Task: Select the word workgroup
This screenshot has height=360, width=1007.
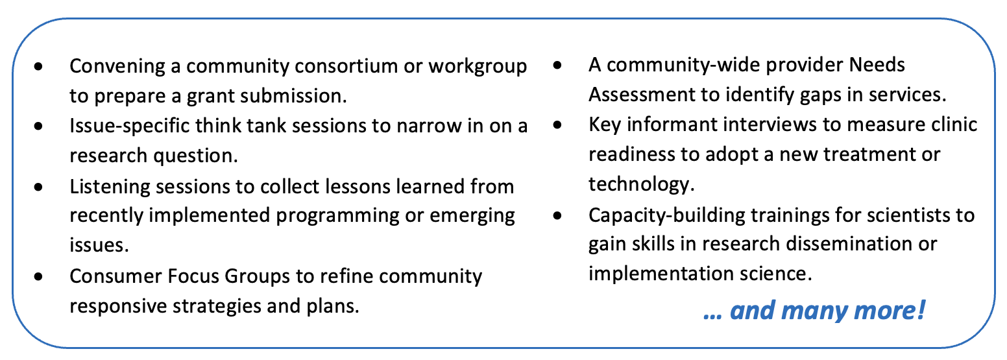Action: (x=478, y=67)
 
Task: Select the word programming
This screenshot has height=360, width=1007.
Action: (x=337, y=216)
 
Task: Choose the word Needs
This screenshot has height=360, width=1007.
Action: (x=877, y=65)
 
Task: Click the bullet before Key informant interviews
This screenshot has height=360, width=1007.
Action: (x=557, y=125)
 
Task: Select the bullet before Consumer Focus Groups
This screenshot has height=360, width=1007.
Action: (x=39, y=276)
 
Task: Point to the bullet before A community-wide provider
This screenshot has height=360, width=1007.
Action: (x=557, y=65)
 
